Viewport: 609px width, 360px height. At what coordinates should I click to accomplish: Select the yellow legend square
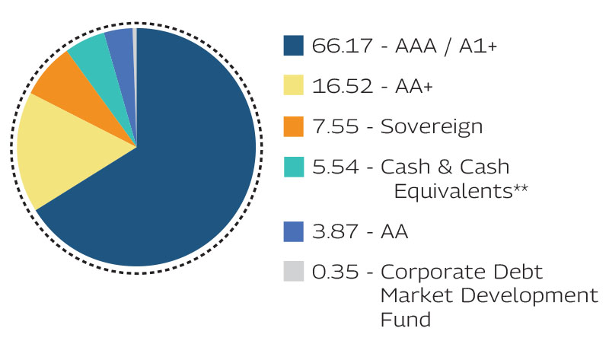[x=294, y=85]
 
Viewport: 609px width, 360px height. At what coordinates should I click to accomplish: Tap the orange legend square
[x=294, y=126]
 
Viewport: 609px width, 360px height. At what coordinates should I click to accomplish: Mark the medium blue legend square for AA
[x=294, y=231]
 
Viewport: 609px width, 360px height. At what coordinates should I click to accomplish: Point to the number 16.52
[x=333, y=85]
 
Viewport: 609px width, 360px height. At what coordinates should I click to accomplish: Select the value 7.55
[x=329, y=126]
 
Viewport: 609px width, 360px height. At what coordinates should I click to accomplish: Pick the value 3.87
[x=330, y=231]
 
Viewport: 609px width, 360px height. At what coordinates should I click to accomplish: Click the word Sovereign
[x=432, y=126]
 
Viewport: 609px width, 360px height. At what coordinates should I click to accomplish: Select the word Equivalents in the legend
[x=452, y=191]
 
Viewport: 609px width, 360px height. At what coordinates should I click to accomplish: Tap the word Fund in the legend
[x=405, y=318]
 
